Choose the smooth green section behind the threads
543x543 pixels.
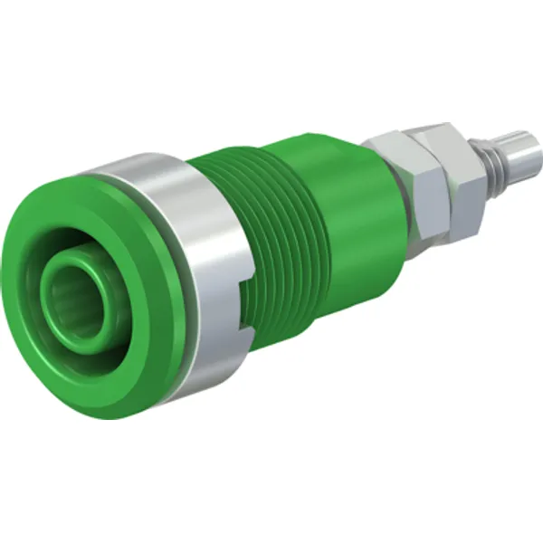tap(339, 181)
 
